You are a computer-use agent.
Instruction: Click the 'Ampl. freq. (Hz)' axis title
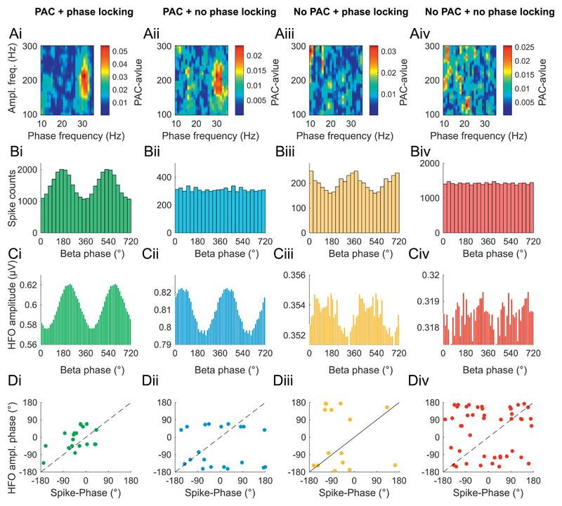13,79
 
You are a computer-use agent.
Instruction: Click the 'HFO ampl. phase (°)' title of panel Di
13,437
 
